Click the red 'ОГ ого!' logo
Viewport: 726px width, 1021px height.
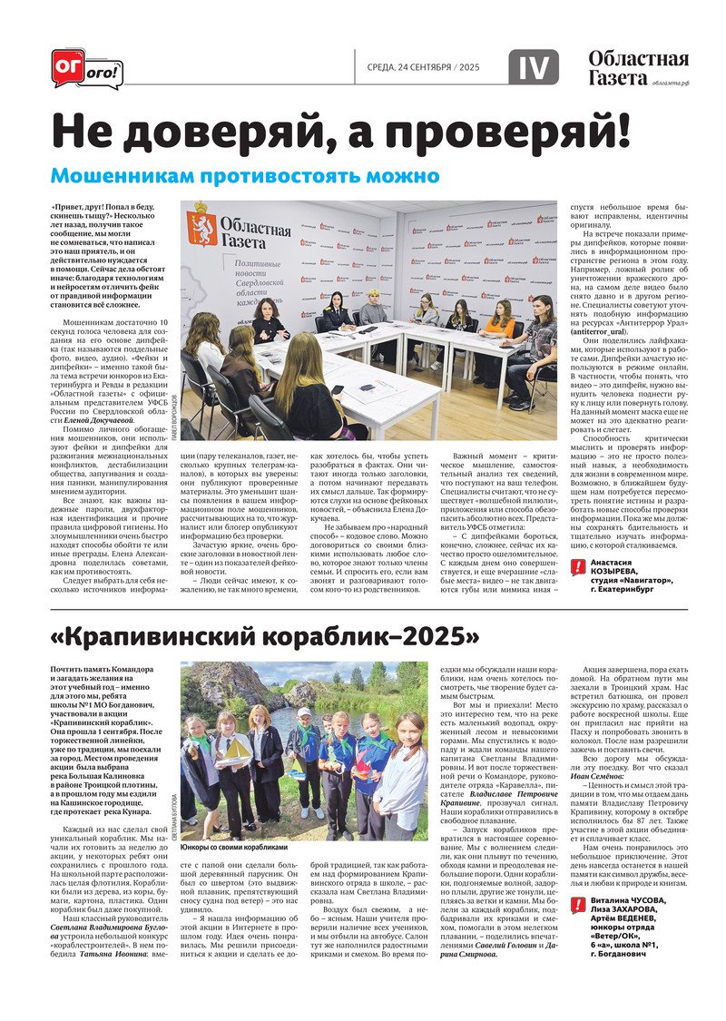[86, 68]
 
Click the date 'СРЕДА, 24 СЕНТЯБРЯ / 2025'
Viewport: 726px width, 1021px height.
[422, 68]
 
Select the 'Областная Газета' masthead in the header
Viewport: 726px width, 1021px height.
[638, 68]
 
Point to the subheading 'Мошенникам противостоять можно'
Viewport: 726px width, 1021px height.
[244, 175]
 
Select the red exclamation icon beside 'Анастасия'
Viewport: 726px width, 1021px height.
[578, 566]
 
